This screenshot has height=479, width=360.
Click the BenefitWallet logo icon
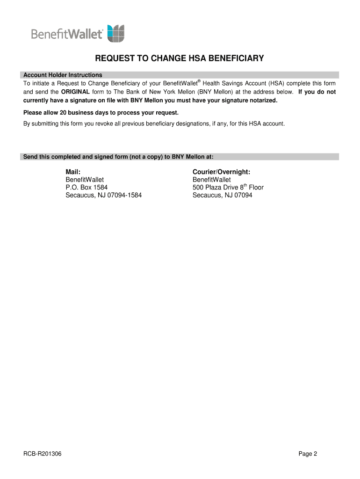(116, 34)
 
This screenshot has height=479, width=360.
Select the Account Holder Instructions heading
(63, 75)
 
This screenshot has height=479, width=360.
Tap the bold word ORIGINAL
(75, 92)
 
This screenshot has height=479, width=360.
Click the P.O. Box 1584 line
(86, 188)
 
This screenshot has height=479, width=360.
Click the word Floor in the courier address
(256, 188)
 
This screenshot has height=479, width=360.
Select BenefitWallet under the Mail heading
(85, 180)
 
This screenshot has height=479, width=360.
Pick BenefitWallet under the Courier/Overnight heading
(212, 180)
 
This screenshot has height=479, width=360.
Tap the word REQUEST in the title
(114, 59)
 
